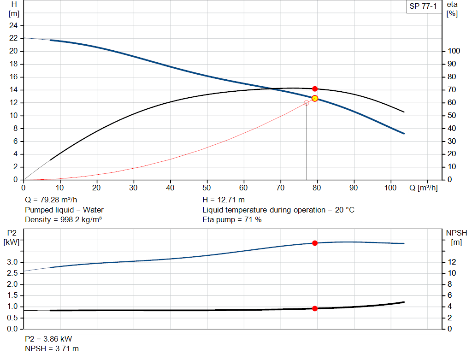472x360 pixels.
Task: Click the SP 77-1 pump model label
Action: pyautogui.click(x=423, y=6)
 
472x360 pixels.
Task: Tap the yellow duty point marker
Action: pyautogui.click(x=315, y=98)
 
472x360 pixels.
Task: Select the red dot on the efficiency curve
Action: pyautogui.click(x=315, y=89)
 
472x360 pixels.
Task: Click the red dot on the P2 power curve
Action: pyautogui.click(x=315, y=243)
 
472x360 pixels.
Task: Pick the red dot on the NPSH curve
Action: pyautogui.click(x=315, y=308)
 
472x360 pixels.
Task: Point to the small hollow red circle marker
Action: pyautogui.click(x=307, y=103)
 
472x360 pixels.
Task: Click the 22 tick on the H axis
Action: pyautogui.click(x=13, y=38)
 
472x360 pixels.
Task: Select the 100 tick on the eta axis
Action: pyautogui.click(x=454, y=51)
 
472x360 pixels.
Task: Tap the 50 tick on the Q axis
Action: pyautogui.click(x=207, y=188)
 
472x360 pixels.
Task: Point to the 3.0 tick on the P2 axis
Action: pyautogui.click(x=12, y=262)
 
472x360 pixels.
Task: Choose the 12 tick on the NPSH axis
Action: pyautogui.click(x=452, y=262)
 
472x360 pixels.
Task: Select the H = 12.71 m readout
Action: pyautogui.click(x=224, y=200)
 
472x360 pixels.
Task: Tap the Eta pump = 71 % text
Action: pyautogui.click(x=232, y=219)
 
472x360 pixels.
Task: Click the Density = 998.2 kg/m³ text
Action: pyautogui.click(x=63, y=219)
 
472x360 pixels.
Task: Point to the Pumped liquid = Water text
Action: pyautogui.click(x=64, y=210)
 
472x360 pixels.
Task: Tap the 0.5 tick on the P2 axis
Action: pyautogui.click(x=12, y=318)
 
